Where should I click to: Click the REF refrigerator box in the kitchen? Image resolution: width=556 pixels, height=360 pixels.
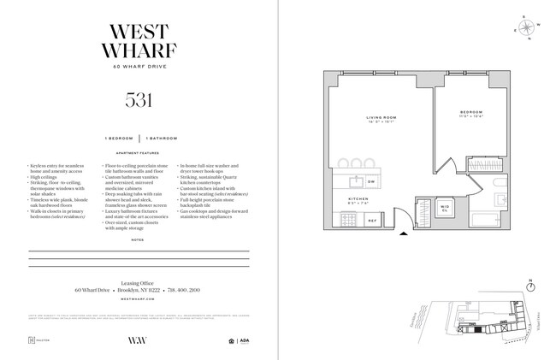(x=371, y=220)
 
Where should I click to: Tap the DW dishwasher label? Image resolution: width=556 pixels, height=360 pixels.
(x=371, y=182)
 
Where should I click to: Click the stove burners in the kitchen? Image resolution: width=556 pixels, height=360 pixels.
(x=349, y=220)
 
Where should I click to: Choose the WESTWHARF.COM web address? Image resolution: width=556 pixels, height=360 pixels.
(x=138, y=301)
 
